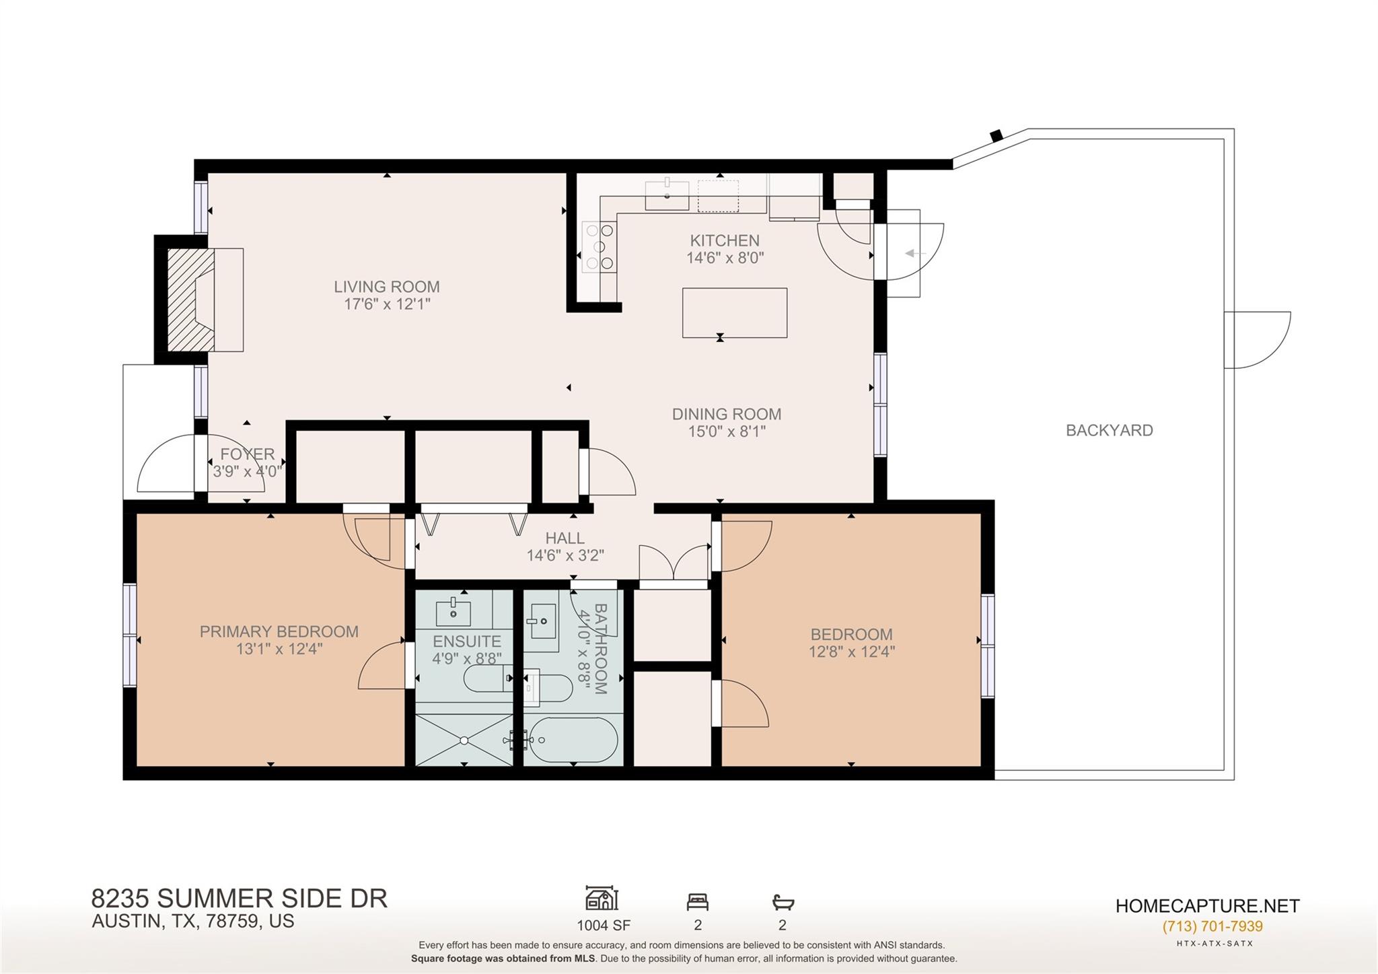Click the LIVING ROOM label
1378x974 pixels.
[386, 287]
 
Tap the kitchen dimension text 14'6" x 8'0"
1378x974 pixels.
[725, 258]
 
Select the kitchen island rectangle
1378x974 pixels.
[734, 313]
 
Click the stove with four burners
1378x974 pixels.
[598, 247]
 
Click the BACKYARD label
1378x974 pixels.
[1109, 430]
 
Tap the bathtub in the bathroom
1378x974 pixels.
[573, 740]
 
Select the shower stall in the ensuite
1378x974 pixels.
[464, 740]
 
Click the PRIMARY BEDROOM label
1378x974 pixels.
[279, 631]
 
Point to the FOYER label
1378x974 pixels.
[247, 454]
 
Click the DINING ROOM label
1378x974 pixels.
[726, 414]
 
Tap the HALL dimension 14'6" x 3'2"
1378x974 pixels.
[565, 555]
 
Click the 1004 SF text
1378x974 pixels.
[603, 926]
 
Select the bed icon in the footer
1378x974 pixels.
[697, 901]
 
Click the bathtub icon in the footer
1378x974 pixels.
[783, 901]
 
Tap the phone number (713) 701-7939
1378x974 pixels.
[1212, 926]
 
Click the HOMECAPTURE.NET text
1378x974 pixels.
[1207, 906]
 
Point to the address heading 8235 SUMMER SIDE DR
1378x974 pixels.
[239, 899]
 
